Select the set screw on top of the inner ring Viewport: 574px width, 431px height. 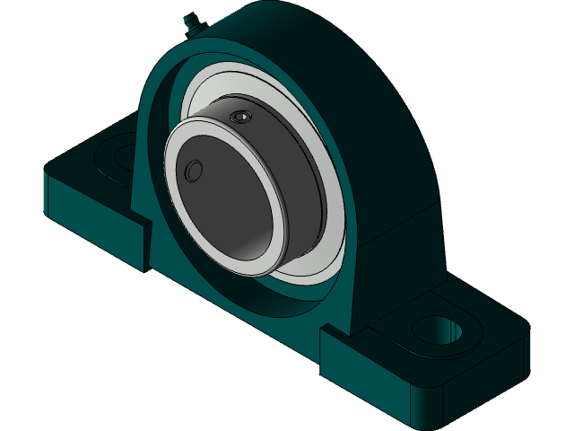[x=240, y=118]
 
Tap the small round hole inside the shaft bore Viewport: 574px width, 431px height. [x=191, y=172]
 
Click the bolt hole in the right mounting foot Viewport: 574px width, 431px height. [x=446, y=330]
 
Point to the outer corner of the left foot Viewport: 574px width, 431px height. [x=50, y=171]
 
